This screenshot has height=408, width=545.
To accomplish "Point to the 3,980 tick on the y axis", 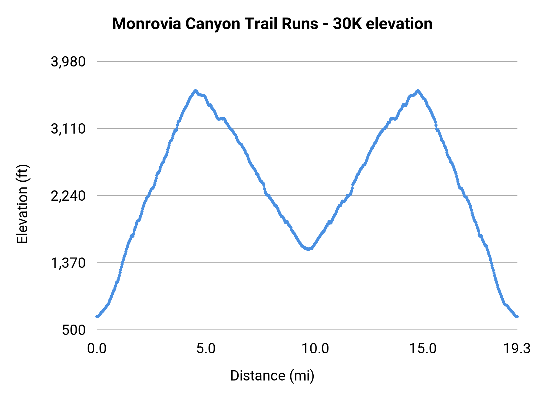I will [68, 62].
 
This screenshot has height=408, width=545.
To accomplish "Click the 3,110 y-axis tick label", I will [68, 129].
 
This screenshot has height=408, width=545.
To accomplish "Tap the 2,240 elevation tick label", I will [68, 196].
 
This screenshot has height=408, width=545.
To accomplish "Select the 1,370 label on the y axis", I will [68, 263].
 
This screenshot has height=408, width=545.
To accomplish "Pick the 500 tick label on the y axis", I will [74, 330].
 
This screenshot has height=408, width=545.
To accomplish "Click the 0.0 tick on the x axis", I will [97, 349].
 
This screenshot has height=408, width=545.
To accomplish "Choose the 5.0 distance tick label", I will [206, 349].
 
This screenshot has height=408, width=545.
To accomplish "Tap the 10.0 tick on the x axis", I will [315, 349].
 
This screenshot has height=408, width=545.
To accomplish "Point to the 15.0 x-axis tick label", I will [423, 349].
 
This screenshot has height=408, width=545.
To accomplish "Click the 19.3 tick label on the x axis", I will [517, 349].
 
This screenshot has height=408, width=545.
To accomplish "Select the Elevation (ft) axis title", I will [22, 204].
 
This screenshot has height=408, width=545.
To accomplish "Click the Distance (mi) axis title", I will [272, 376].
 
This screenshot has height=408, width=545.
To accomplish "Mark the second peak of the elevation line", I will [418, 91].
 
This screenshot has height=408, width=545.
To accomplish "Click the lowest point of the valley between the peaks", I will [308, 249].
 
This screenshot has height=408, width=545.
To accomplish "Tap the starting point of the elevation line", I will [97, 316].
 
